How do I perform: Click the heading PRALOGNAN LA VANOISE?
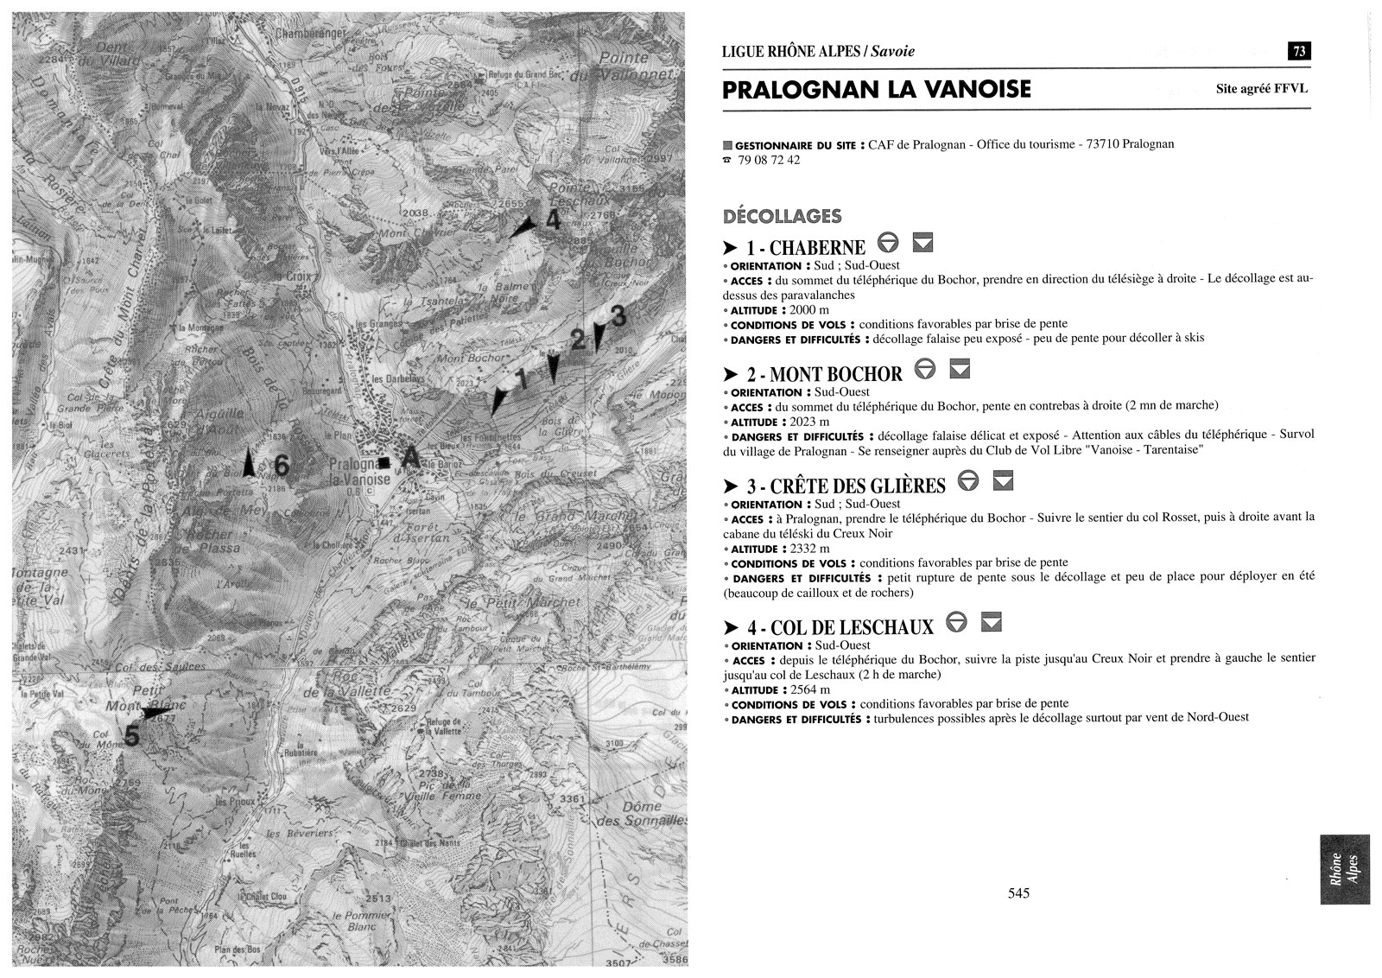coord(876,90)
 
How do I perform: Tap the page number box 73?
coord(1298,51)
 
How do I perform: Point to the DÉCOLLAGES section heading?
coord(782,215)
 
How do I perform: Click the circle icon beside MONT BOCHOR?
coord(924,370)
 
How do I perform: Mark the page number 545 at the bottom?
coord(1018,893)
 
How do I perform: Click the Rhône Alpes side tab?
coord(1344,868)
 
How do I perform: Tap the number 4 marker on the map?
coord(553,220)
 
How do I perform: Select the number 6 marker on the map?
coord(282,466)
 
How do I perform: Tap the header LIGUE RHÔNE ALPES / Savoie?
coord(818,51)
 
